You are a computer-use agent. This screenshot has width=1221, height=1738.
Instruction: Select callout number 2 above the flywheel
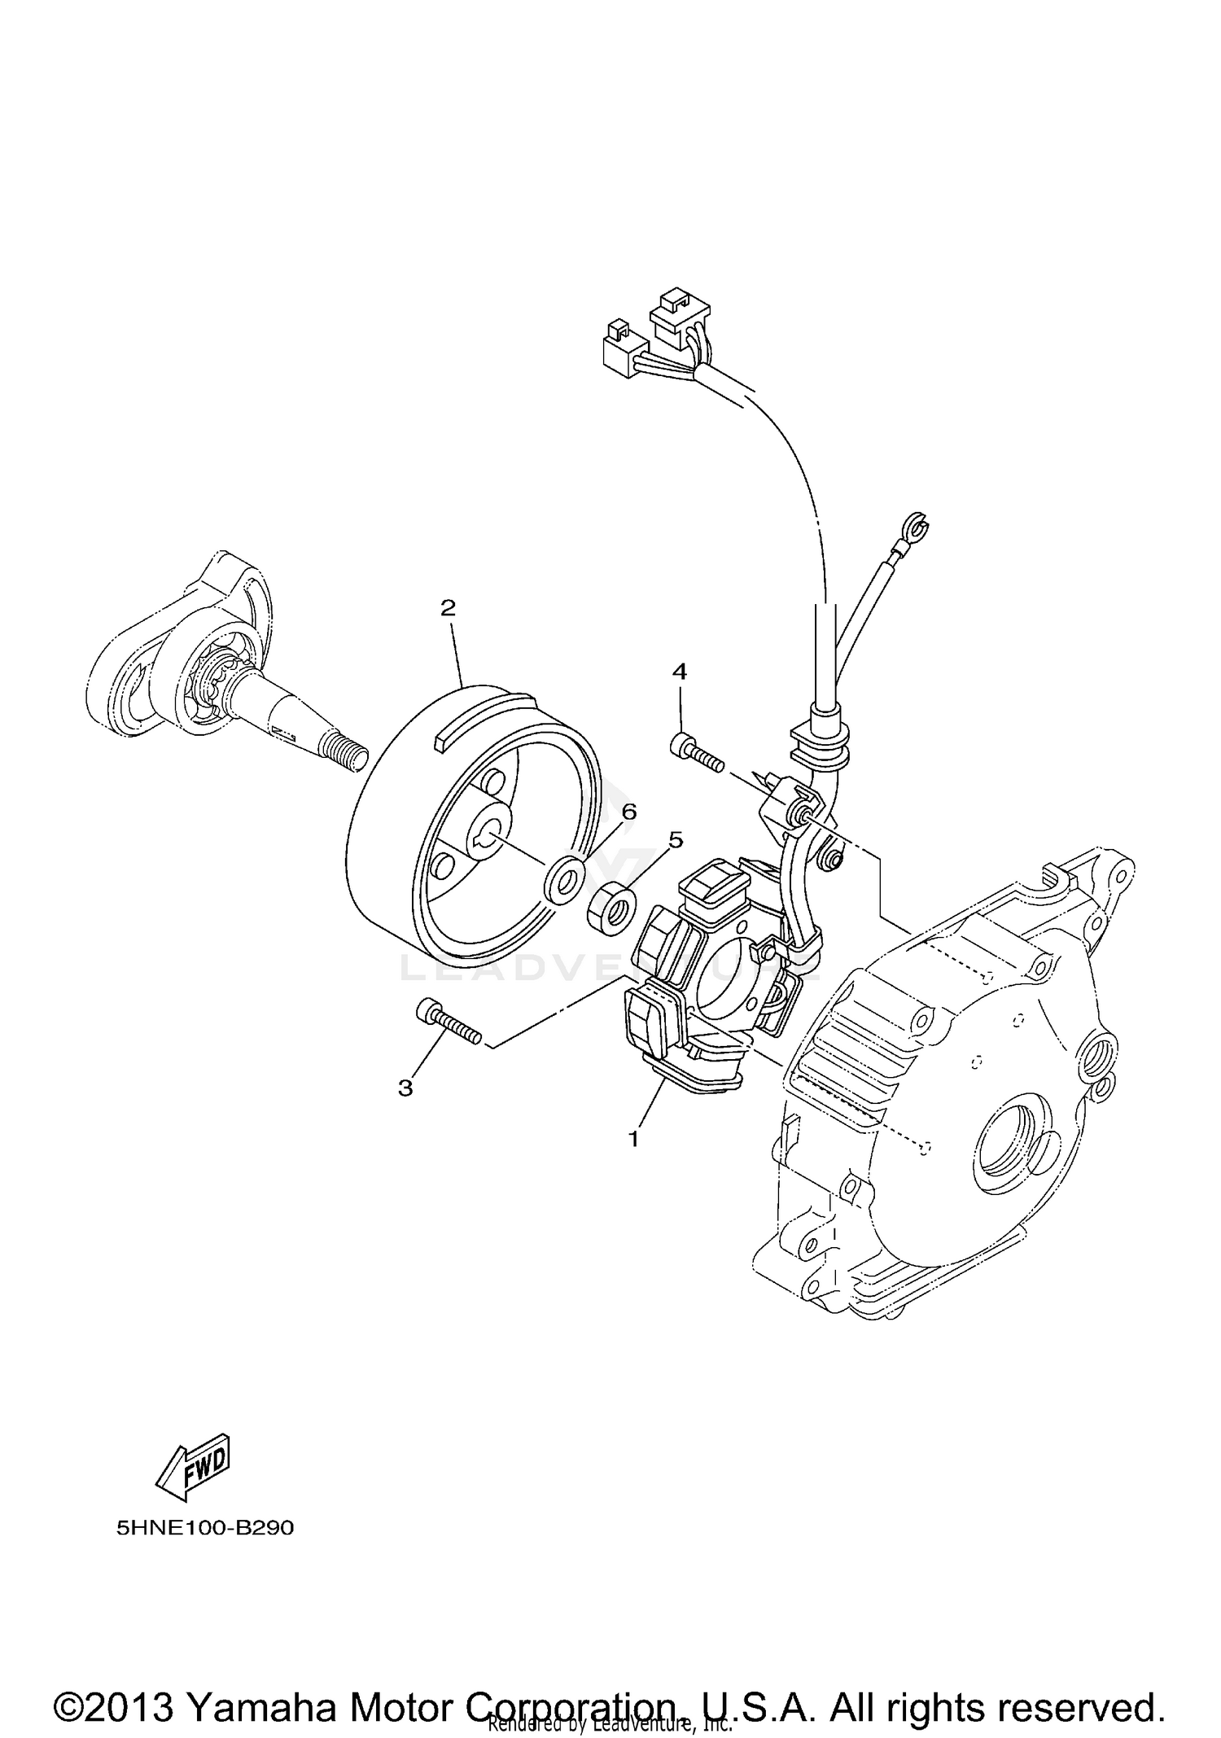pos(448,608)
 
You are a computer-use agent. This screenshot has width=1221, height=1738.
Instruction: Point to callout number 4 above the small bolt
pos(679,672)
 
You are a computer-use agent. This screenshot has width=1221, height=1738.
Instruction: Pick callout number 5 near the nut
pos(676,840)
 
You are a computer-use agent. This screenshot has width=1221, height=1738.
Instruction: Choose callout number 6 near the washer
pos(628,812)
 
